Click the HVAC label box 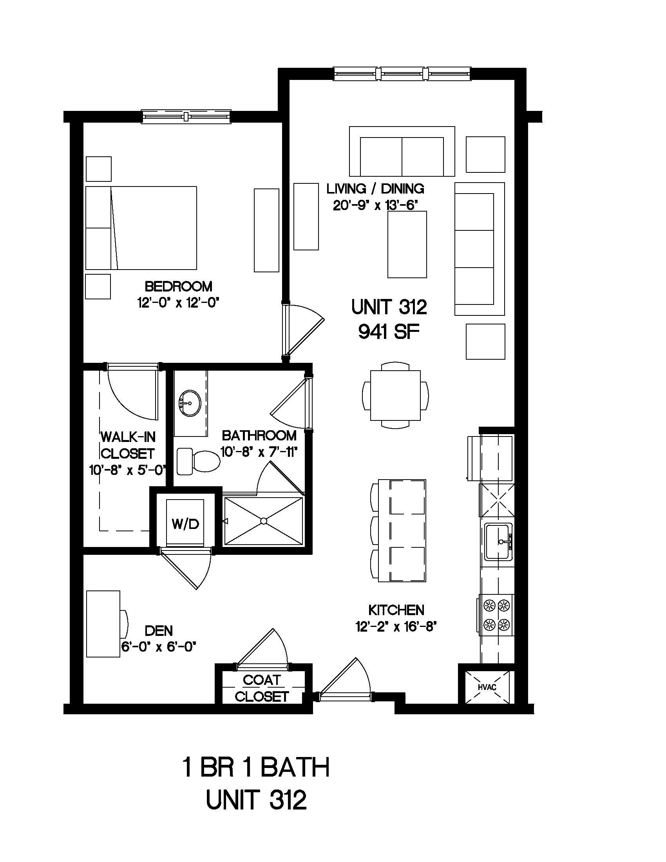pyautogui.click(x=487, y=687)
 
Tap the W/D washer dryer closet pyautogui.click(x=185, y=522)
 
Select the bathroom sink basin pyautogui.click(x=190, y=403)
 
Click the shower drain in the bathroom pyautogui.click(x=263, y=521)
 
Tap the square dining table pyautogui.click(x=395, y=395)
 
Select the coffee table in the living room pyautogui.click(x=407, y=244)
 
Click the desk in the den pyautogui.click(x=103, y=624)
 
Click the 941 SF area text pyautogui.click(x=389, y=332)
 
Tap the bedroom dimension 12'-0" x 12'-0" pyautogui.click(x=178, y=303)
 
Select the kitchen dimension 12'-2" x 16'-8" pyautogui.click(x=396, y=627)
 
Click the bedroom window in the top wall pyautogui.click(x=186, y=116)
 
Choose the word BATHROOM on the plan pyautogui.click(x=259, y=436)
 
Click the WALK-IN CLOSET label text pyautogui.click(x=127, y=445)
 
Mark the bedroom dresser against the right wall pyautogui.click(x=266, y=230)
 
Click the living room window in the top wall pyautogui.click(x=402, y=74)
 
